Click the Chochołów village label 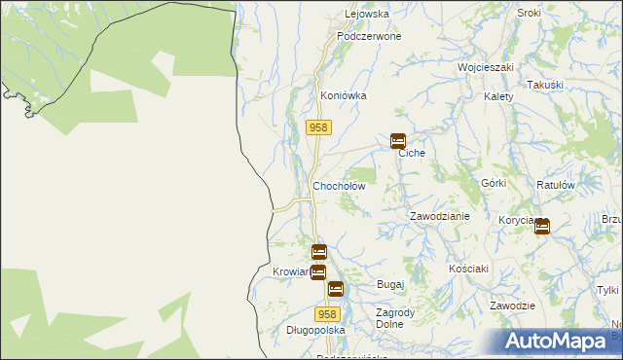coord(338,186)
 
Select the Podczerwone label coord(369,36)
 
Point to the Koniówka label coord(344,96)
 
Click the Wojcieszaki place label coord(486,68)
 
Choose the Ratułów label coord(556,184)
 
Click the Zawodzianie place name coord(439,216)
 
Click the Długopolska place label coord(288,331)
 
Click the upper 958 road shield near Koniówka coord(319,128)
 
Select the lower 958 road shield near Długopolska coord(328,314)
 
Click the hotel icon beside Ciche coord(398,141)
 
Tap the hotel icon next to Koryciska coord(541,227)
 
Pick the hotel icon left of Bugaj coord(336,289)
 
